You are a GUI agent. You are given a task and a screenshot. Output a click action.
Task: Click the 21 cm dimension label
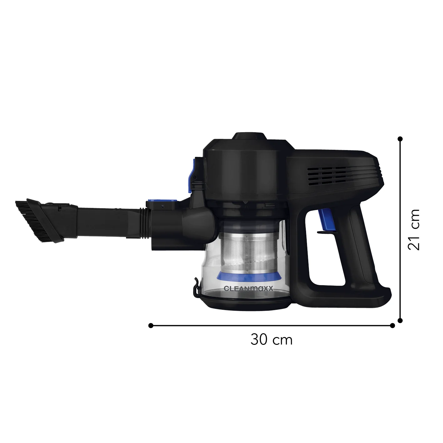click(x=414, y=229)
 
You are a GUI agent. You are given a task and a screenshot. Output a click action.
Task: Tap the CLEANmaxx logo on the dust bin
click(x=248, y=289)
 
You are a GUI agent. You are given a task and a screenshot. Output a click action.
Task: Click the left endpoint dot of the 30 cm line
click(x=151, y=325)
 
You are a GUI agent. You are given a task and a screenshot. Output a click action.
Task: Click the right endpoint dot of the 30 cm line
click(x=392, y=325)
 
